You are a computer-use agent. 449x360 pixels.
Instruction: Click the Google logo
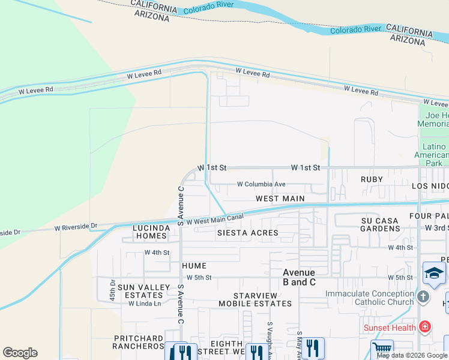pyautogui.click(x=20, y=353)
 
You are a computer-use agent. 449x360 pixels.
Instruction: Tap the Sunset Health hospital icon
pyautogui.click(x=425, y=327)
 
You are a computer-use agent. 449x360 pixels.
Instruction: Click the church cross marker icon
pyautogui.click(x=423, y=297)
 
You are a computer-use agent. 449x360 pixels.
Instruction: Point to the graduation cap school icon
pyautogui.click(x=433, y=274)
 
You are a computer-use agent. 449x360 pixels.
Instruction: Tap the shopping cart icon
pyautogui.click(x=382, y=349)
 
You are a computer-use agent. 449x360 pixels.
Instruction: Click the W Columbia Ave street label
pyautogui.click(x=261, y=184)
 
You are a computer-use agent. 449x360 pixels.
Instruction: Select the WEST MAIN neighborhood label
pyautogui.click(x=280, y=199)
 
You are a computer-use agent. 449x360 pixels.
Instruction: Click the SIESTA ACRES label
pyautogui.click(x=247, y=233)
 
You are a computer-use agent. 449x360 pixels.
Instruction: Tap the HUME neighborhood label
pyautogui.click(x=194, y=266)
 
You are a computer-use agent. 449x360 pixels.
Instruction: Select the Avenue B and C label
pyautogui.click(x=299, y=277)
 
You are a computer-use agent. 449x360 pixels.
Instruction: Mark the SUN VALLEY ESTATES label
pyautogui.click(x=140, y=291)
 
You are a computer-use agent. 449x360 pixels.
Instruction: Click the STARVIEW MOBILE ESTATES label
pyautogui.click(x=262, y=299)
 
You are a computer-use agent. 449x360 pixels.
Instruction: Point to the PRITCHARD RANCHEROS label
pyautogui.click(x=139, y=342)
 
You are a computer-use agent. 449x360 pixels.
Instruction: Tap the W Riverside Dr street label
pyautogui.click(x=76, y=228)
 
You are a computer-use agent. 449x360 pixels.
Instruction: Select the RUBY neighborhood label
pyautogui.click(x=372, y=179)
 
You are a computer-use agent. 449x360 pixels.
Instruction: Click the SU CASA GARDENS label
pyautogui.click(x=379, y=224)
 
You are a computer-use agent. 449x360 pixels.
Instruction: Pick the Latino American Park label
pyautogui.click(x=435, y=155)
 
